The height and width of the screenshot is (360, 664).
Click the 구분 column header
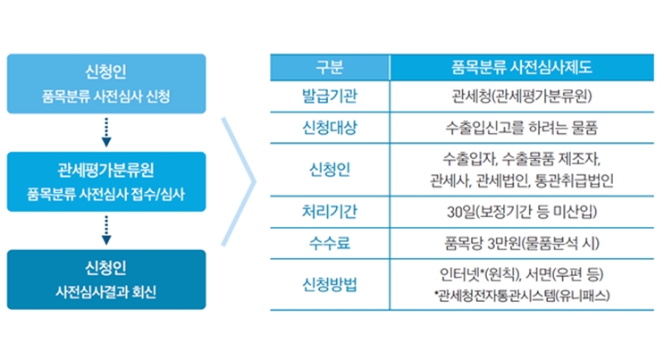coord(330,67)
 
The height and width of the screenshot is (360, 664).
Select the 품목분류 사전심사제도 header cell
coord(521,67)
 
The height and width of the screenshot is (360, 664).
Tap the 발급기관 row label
coord(330,96)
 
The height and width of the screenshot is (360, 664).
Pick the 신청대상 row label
coord(330,128)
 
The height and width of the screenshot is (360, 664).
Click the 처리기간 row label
coord(330,212)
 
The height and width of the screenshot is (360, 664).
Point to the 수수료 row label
coord(330,243)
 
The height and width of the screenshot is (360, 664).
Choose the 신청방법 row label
coord(330,284)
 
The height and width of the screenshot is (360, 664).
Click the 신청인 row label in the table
coord(330,170)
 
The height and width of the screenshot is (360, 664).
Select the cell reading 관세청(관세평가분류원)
coord(521,96)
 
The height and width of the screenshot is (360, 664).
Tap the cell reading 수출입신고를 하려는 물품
coord(521,128)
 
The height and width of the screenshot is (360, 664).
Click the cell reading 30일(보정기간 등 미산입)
coord(522,212)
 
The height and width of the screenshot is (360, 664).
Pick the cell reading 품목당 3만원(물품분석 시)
coord(522,243)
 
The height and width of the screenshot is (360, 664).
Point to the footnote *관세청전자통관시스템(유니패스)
coord(522,295)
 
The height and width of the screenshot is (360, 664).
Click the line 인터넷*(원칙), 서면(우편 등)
coord(521,275)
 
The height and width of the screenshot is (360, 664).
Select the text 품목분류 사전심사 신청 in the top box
coord(105,96)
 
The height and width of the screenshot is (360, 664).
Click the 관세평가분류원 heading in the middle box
coord(105,170)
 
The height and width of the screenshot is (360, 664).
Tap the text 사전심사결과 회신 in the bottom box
coord(105,291)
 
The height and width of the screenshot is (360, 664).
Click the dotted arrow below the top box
coord(106,132)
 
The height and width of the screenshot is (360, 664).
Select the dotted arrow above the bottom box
coord(106,230)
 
